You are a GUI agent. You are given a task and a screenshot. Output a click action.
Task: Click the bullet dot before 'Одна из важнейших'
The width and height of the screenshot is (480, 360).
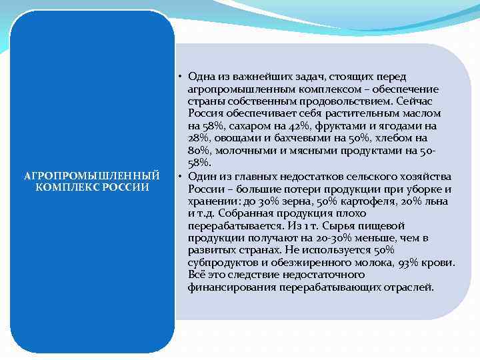[x=181, y=77]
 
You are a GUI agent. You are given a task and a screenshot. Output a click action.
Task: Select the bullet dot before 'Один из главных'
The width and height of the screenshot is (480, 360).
[x=181, y=177]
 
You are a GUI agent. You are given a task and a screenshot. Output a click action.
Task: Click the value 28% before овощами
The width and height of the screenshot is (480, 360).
[x=198, y=138]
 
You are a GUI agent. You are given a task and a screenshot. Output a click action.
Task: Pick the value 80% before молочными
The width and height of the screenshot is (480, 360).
[x=198, y=151]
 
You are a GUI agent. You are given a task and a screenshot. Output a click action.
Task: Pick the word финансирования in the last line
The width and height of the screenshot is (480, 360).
[x=229, y=287]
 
